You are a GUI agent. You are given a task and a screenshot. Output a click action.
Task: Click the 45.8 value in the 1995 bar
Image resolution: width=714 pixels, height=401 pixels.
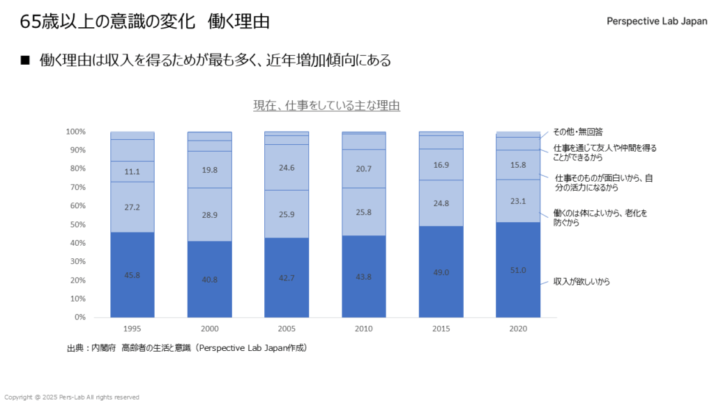tap(132, 275)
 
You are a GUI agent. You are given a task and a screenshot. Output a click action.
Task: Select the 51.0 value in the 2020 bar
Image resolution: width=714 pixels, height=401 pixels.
tap(518, 270)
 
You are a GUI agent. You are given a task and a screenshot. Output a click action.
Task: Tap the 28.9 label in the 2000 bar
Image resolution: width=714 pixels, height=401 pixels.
tap(210, 215)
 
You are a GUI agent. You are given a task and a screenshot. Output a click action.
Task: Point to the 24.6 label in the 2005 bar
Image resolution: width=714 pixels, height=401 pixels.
tap(287, 167)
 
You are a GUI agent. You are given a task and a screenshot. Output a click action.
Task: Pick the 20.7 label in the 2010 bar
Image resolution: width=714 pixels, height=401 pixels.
tap(364, 169)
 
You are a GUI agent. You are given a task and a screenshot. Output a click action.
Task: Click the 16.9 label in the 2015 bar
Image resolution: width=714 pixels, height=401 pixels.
tap(441, 165)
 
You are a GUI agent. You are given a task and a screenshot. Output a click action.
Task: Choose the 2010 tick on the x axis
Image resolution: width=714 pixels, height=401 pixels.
tap(364, 328)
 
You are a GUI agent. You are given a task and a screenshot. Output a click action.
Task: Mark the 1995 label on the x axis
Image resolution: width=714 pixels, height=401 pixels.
tap(132, 328)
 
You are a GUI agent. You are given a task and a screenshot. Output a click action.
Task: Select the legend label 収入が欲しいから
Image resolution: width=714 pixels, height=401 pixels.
tap(582, 282)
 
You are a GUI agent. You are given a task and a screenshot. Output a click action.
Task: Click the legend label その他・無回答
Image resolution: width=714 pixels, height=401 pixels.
tap(577, 131)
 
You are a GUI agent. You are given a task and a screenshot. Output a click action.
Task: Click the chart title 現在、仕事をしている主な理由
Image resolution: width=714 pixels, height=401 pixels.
tap(326, 106)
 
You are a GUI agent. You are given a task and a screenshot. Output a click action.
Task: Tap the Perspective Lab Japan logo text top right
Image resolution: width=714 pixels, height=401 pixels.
tap(657, 21)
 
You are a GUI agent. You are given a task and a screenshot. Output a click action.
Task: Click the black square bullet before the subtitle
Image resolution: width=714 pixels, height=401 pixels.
tap(26, 61)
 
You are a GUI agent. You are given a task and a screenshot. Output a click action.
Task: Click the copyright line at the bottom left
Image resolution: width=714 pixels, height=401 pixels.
tap(72, 397)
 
